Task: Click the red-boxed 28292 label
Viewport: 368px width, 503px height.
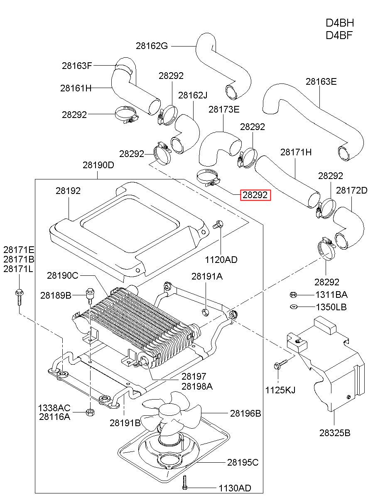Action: [255, 195]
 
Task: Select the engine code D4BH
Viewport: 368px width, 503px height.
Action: [340, 23]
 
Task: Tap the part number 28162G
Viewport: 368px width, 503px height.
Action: [152, 46]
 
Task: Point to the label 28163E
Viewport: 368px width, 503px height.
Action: [321, 81]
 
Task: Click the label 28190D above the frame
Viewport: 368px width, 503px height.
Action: [98, 165]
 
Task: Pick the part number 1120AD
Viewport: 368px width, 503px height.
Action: [221, 260]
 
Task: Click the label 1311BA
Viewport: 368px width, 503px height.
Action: [331, 294]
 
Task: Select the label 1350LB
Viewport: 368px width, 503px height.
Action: [331, 307]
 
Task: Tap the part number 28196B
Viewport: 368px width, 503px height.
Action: [245, 413]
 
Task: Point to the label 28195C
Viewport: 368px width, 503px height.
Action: [243, 462]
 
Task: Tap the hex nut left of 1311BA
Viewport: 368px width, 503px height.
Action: [293, 294]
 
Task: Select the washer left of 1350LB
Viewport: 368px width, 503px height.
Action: [294, 307]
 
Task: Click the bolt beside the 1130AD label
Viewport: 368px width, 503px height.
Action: [184, 482]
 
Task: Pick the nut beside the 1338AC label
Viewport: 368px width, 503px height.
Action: [90, 412]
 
